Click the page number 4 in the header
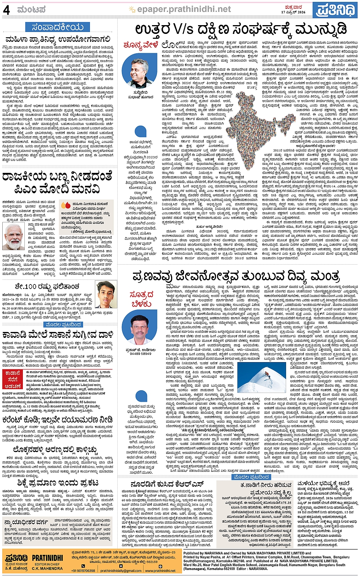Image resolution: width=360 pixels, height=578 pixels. (x=6, y=10)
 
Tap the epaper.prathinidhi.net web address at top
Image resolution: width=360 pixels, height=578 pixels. (x=184, y=9)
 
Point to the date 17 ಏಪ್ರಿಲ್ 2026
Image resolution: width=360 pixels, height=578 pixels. (x=293, y=12)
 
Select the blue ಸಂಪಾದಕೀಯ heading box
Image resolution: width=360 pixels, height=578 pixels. (x=57, y=27)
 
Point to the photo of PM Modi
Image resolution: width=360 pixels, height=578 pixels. (x=14, y=236)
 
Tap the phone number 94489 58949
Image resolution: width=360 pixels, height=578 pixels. (x=140, y=354)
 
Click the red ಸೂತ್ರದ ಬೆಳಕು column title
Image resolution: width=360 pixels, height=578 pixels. (x=141, y=299)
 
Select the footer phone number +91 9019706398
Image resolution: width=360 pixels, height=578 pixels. (x=83, y=571)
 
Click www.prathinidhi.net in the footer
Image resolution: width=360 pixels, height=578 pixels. (x=160, y=571)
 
